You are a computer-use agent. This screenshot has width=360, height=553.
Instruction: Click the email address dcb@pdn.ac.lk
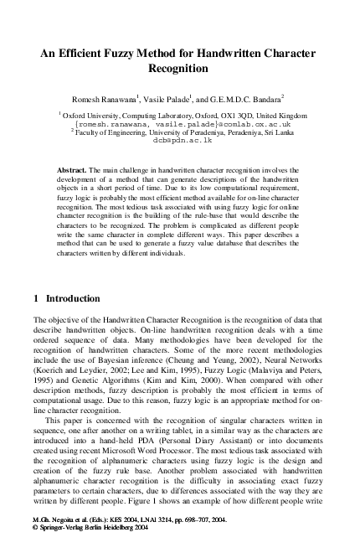pyautogui.click(x=180, y=142)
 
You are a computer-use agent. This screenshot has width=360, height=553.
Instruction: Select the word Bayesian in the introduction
pyautogui.click(x=126, y=357)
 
